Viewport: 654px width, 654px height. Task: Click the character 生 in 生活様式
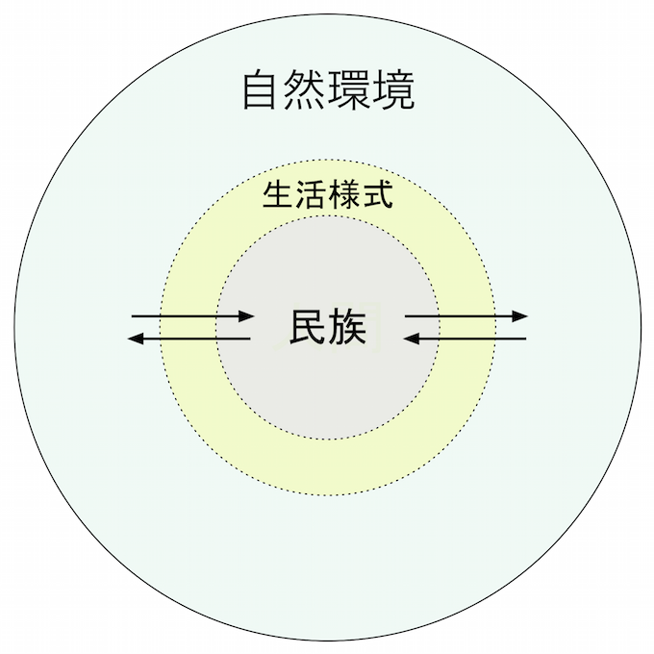[x=278, y=196]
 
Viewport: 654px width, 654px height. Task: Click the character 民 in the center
[x=308, y=328]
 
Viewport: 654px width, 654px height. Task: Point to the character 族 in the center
[x=348, y=328]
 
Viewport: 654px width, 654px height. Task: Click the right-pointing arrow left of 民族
[x=192, y=315]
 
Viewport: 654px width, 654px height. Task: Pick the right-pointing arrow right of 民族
[x=466, y=315]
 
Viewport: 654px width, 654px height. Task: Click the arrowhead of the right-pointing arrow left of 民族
[x=248, y=315]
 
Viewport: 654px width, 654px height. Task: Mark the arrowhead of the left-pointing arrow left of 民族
[x=136, y=338]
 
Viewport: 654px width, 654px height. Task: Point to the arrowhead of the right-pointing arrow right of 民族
[x=521, y=315]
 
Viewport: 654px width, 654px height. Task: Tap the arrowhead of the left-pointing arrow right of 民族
[x=410, y=338]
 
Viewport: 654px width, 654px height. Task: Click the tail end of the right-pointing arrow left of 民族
[x=133, y=315]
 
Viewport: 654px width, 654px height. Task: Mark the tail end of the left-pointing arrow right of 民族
[x=525, y=338]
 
